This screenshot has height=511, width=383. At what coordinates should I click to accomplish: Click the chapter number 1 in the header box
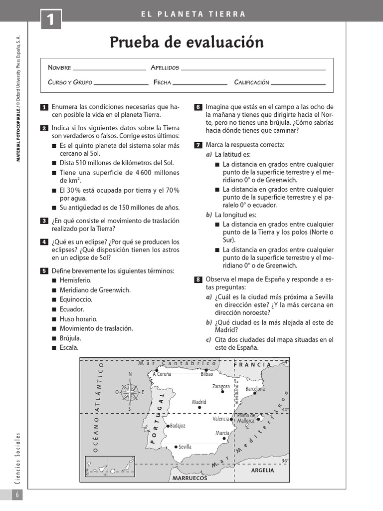click(51, 21)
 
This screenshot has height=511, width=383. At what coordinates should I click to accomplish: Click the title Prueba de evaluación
click(187, 42)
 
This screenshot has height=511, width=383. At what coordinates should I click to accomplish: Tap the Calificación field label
click(251, 82)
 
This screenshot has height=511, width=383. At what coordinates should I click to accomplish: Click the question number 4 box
click(44, 242)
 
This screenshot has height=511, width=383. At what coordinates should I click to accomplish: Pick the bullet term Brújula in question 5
click(70, 338)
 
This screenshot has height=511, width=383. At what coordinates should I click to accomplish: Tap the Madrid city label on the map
click(199, 402)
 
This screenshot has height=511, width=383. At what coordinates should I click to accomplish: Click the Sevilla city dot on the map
click(176, 447)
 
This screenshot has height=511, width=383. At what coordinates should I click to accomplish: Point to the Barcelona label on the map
click(255, 388)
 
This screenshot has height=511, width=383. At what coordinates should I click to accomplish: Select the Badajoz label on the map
click(178, 426)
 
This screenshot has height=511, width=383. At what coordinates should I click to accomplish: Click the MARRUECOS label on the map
click(190, 478)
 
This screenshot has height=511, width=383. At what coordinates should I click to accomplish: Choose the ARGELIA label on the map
click(262, 470)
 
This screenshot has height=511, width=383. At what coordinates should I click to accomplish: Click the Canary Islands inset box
click(109, 468)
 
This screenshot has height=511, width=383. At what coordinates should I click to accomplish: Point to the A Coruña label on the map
click(162, 374)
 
